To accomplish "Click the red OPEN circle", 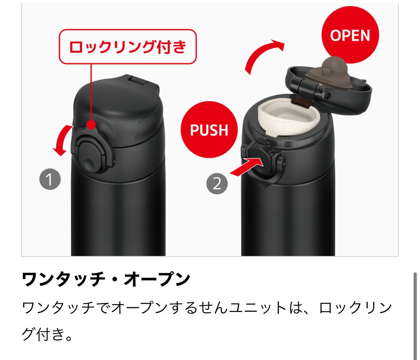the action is [x=350, y=35].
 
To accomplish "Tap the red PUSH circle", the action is [x=209, y=130].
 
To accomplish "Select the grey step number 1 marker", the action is [x=50, y=179].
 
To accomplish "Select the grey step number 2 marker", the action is [x=217, y=184].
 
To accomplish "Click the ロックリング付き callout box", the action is [x=128, y=47].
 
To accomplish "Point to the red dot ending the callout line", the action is [x=91, y=125].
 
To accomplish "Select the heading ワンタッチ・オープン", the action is [x=106, y=280].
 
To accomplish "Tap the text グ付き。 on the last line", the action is [x=47, y=334].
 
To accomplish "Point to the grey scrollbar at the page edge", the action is [x=415, y=316].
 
